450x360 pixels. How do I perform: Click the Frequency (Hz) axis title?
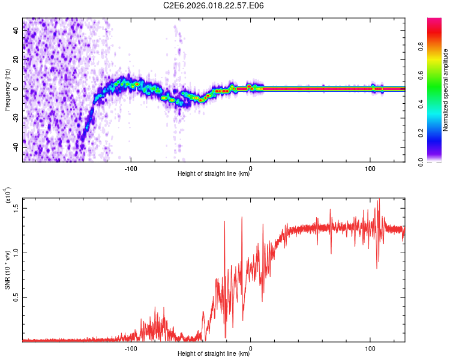click(7, 90)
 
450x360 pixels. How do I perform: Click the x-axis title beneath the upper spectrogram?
click(214, 174)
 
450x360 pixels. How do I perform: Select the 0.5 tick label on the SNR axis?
click(16, 297)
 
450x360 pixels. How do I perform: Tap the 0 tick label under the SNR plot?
click(250, 348)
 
